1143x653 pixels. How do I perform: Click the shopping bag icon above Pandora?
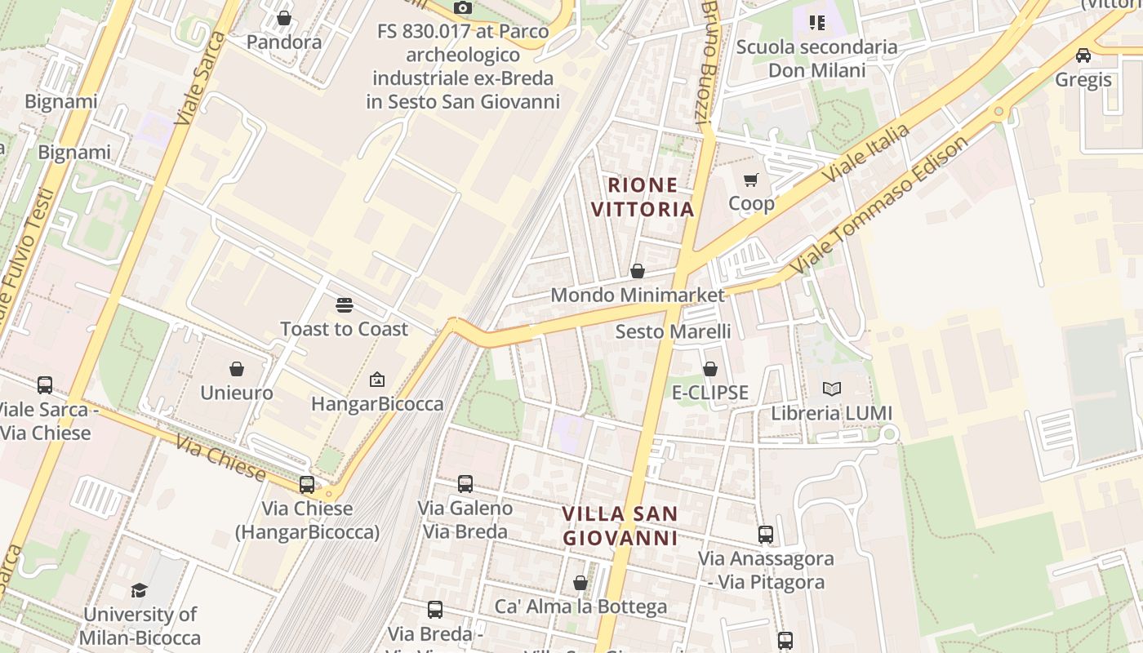(284, 18)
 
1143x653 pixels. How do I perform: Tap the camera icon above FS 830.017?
(463, 7)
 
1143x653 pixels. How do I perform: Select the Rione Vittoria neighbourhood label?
(643, 197)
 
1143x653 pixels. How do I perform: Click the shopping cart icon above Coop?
(751, 180)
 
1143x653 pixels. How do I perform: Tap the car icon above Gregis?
(1083, 56)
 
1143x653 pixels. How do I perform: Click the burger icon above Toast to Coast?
(345, 305)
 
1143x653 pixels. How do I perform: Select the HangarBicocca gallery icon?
(377, 380)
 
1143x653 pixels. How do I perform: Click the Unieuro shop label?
(237, 393)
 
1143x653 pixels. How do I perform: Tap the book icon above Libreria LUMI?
(832, 389)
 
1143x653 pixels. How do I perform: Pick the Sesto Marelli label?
(673, 331)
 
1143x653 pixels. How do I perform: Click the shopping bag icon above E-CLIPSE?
(710, 369)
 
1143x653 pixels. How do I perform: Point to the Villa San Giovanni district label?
(620, 526)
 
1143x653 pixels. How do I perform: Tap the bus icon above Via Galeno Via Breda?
(465, 484)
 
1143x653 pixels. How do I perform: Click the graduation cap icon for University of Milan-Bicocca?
(140, 590)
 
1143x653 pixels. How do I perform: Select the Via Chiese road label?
(220, 460)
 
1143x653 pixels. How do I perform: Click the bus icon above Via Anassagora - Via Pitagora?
(766, 535)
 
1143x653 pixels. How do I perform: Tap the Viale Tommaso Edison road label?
(880, 204)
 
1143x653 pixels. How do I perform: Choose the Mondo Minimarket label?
(638, 295)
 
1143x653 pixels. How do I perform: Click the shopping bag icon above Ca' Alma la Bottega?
(580, 583)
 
